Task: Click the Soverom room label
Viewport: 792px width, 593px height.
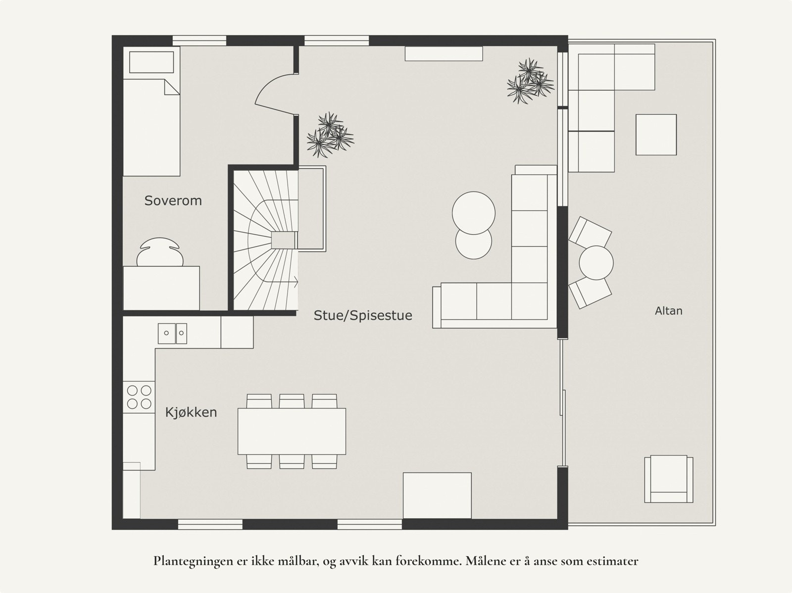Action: [x=173, y=200]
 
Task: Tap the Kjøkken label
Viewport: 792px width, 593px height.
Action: [x=191, y=412]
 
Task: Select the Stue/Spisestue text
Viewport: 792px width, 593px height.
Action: [x=363, y=315]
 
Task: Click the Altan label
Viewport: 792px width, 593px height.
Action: [x=668, y=311]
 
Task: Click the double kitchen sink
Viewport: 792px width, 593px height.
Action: [x=173, y=333]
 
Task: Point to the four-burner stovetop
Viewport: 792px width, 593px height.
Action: [x=139, y=397]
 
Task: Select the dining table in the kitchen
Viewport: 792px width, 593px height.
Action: [x=292, y=431]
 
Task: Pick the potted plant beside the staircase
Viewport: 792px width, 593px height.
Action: [x=330, y=135]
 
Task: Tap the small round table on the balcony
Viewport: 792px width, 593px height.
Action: [x=596, y=263]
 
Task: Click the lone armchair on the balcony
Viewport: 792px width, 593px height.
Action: [x=668, y=479]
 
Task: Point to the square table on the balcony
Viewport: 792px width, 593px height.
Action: [x=656, y=135]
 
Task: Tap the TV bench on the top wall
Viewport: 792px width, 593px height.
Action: [x=444, y=54]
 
